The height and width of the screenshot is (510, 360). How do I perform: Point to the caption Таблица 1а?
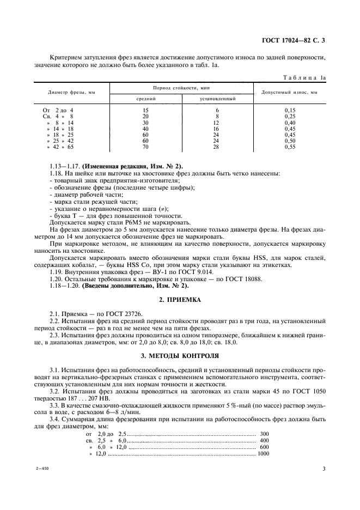[307, 78]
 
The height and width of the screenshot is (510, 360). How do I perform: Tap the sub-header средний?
[145, 99]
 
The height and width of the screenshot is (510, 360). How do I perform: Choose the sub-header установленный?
[217, 99]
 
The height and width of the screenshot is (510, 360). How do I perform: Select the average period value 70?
[145, 147]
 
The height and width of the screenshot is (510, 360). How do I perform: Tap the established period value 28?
[217, 147]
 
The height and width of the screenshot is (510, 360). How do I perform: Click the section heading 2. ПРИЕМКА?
[180, 300]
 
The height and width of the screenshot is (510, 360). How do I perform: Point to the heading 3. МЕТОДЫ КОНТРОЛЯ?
[180, 356]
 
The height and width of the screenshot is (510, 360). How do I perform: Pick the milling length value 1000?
[263, 453]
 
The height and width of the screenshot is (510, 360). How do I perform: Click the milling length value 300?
[265, 434]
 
